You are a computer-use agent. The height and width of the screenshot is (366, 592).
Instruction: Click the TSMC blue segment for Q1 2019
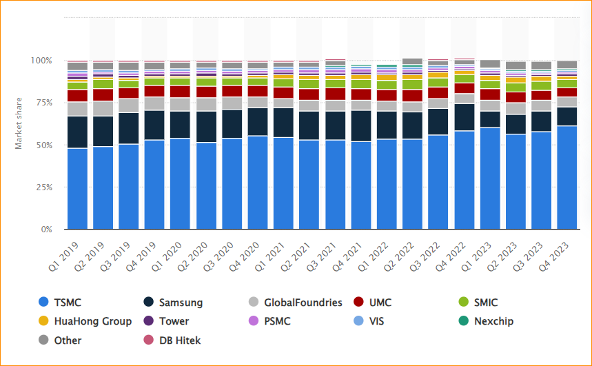click(x=77, y=188)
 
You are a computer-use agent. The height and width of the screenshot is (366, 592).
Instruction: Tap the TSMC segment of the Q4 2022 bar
click(x=464, y=179)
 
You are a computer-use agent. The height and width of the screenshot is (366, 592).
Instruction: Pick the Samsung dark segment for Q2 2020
click(x=206, y=127)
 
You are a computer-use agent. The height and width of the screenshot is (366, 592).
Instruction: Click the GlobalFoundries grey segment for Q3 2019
click(x=129, y=105)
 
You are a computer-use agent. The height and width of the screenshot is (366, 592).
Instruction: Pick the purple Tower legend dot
click(x=148, y=321)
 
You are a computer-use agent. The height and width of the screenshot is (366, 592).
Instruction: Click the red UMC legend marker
click(x=358, y=302)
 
